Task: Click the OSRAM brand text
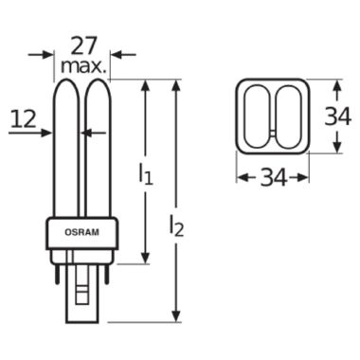(x=81, y=232)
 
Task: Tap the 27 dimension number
(x=82, y=46)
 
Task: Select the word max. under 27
(x=83, y=66)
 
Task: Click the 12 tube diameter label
(x=24, y=119)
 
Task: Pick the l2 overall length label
(x=176, y=225)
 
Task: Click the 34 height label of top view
(x=338, y=117)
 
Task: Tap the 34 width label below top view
(x=273, y=177)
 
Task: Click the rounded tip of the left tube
(x=65, y=81)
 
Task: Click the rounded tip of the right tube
(x=98, y=81)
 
